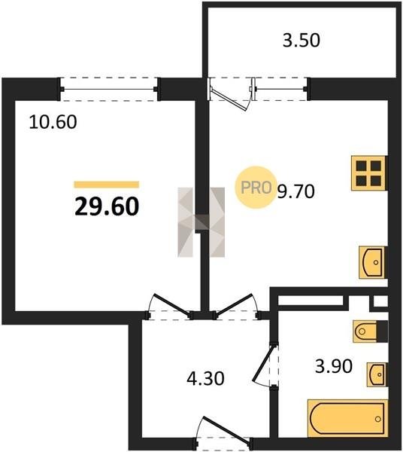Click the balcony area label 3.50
point(301,41)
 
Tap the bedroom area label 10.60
point(53,122)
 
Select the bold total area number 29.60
point(107,206)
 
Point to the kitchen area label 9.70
point(295,191)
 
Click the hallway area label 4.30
point(205,378)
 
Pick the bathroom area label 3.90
point(334,366)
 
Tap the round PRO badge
point(256,187)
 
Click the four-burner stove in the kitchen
point(368,173)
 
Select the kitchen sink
point(372,262)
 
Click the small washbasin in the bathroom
point(376,374)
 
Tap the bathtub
point(348,418)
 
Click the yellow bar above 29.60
point(107,185)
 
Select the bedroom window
point(109,89)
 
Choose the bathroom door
point(262,363)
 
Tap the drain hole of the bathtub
point(378,419)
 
